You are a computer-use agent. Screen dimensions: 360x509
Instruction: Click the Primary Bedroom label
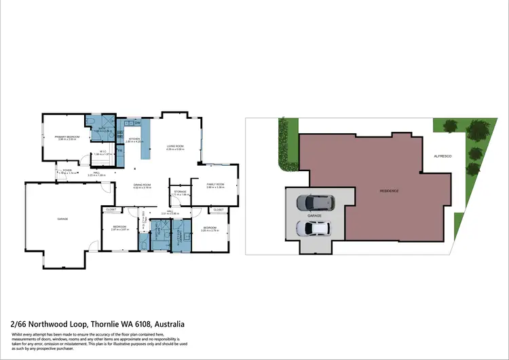[67, 137]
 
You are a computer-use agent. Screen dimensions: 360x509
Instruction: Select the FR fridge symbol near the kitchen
[120, 151]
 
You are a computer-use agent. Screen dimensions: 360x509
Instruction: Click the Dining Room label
[142, 185]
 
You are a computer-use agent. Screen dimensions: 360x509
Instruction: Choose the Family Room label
[215, 185]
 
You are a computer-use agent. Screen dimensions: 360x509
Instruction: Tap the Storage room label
[180, 192]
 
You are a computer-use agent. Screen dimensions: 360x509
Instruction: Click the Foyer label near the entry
[67, 171]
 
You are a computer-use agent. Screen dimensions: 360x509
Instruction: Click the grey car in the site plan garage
[316, 203]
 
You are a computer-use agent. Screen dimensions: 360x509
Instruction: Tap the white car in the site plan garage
[314, 228]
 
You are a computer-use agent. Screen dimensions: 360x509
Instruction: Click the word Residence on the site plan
[389, 191]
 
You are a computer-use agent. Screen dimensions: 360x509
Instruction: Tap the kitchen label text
[134, 141]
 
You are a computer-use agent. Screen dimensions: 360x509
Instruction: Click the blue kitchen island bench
[145, 139]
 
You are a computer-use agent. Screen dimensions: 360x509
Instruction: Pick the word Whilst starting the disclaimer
[20, 335]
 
